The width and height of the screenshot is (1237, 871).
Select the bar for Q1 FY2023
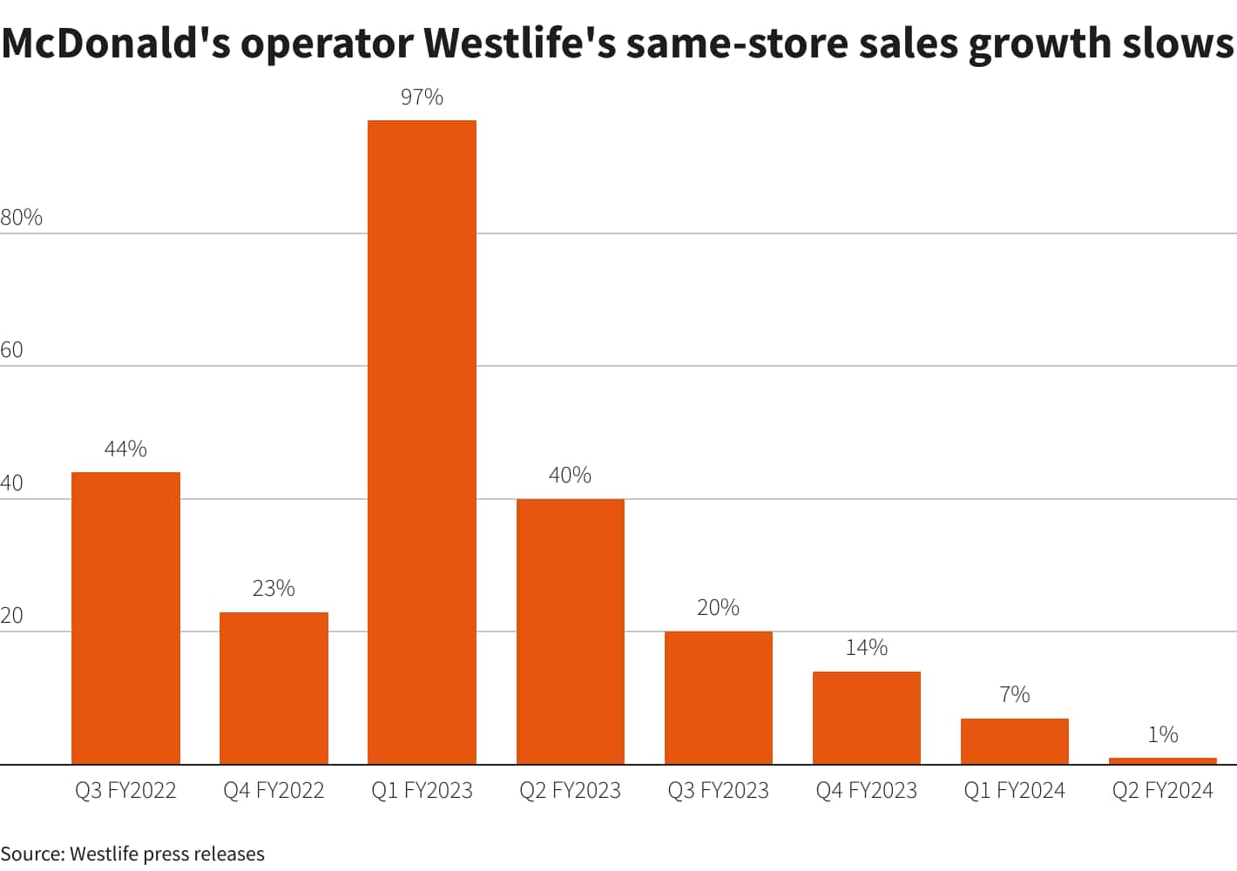tap(422, 442)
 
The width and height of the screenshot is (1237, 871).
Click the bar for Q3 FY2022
tap(125, 618)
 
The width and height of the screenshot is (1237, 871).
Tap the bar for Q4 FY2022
tap(274, 688)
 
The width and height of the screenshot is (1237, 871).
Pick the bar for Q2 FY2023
tap(570, 631)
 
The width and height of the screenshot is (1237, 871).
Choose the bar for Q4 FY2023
tap(866, 718)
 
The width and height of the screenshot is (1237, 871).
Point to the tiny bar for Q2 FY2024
tap(1162, 760)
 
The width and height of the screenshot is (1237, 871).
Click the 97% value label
tap(422, 97)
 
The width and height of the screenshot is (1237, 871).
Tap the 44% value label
tap(125, 449)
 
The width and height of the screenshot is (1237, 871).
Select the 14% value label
tap(866, 647)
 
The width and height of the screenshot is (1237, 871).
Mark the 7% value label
tap(1014, 694)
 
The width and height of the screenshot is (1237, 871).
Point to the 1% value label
tap(1162, 734)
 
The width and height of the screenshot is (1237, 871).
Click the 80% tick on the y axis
tap(21, 217)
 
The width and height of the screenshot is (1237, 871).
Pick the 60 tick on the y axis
tap(11, 350)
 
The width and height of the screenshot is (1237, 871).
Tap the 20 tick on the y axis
tap(11, 616)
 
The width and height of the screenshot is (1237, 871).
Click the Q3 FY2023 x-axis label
tap(718, 790)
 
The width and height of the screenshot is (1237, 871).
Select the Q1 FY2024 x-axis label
tap(1014, 790)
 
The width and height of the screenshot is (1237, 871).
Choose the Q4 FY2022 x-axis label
tap(274, 790)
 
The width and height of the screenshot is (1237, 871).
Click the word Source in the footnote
tap(31, 854)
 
